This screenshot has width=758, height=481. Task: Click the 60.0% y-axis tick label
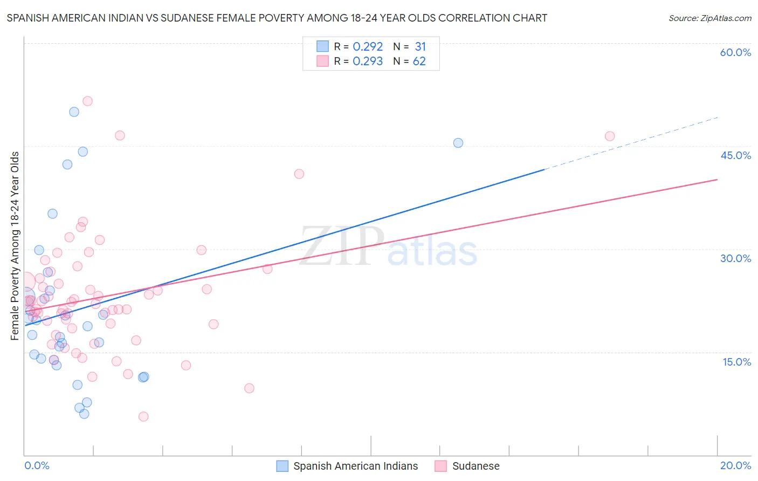735,52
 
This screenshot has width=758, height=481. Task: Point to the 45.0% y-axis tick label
735,155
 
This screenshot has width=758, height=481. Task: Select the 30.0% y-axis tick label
735,258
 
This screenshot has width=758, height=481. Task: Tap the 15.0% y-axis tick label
736,362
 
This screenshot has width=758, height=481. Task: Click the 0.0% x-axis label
37,465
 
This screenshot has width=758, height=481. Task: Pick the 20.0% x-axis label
735,465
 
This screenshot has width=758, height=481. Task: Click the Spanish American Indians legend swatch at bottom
282,466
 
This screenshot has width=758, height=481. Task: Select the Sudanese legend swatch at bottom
441,466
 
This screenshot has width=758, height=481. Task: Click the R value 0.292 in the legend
368,47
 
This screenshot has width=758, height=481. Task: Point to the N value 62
419,61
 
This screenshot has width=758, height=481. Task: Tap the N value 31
420,47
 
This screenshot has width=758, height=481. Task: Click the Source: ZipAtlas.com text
709,18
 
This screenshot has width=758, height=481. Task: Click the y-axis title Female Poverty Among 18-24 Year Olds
15,246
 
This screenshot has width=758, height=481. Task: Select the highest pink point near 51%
87,101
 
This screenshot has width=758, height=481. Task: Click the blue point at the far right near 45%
458,143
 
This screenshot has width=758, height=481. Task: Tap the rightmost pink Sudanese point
610,136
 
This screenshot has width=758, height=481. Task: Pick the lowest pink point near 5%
143,416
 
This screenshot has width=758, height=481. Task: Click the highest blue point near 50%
74,112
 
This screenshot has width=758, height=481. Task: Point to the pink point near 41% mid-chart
299,174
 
